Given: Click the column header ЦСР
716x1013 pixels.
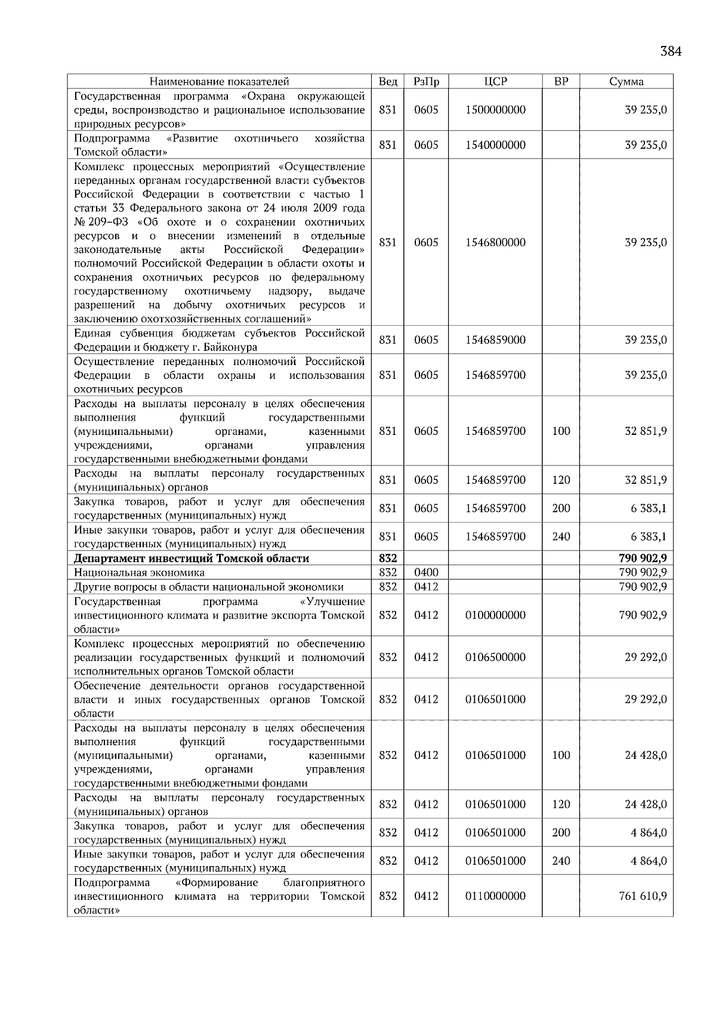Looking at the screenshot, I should click(495, 82).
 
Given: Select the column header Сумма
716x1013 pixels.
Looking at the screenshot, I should click(626, 82).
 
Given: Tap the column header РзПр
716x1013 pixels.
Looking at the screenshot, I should click(426, 82).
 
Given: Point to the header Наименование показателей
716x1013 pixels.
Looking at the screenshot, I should click(219, 82).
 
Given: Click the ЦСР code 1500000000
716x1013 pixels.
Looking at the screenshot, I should click(495, 110).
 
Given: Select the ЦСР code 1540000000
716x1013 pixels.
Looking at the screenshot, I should click(495, 145).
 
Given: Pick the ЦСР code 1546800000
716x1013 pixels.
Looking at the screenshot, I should click(495, 242).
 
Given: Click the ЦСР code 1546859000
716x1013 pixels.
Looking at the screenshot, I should click(495, 340).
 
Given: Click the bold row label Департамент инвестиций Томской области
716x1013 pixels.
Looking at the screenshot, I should click(192, 558).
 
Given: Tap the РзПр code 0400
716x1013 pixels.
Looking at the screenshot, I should click(426, 573).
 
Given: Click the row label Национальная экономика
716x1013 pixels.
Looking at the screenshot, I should click(139, 573).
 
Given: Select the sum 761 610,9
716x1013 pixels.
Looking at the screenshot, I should click(643, 896).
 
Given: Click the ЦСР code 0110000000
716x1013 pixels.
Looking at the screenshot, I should click(495, 896).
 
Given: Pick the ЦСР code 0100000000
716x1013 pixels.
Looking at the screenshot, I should click(495, 615).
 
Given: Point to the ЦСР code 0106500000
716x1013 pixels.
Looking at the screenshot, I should click(495, 657).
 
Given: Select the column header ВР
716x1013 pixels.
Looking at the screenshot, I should click(561, 82).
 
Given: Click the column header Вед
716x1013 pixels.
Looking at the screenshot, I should click(388, 82).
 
